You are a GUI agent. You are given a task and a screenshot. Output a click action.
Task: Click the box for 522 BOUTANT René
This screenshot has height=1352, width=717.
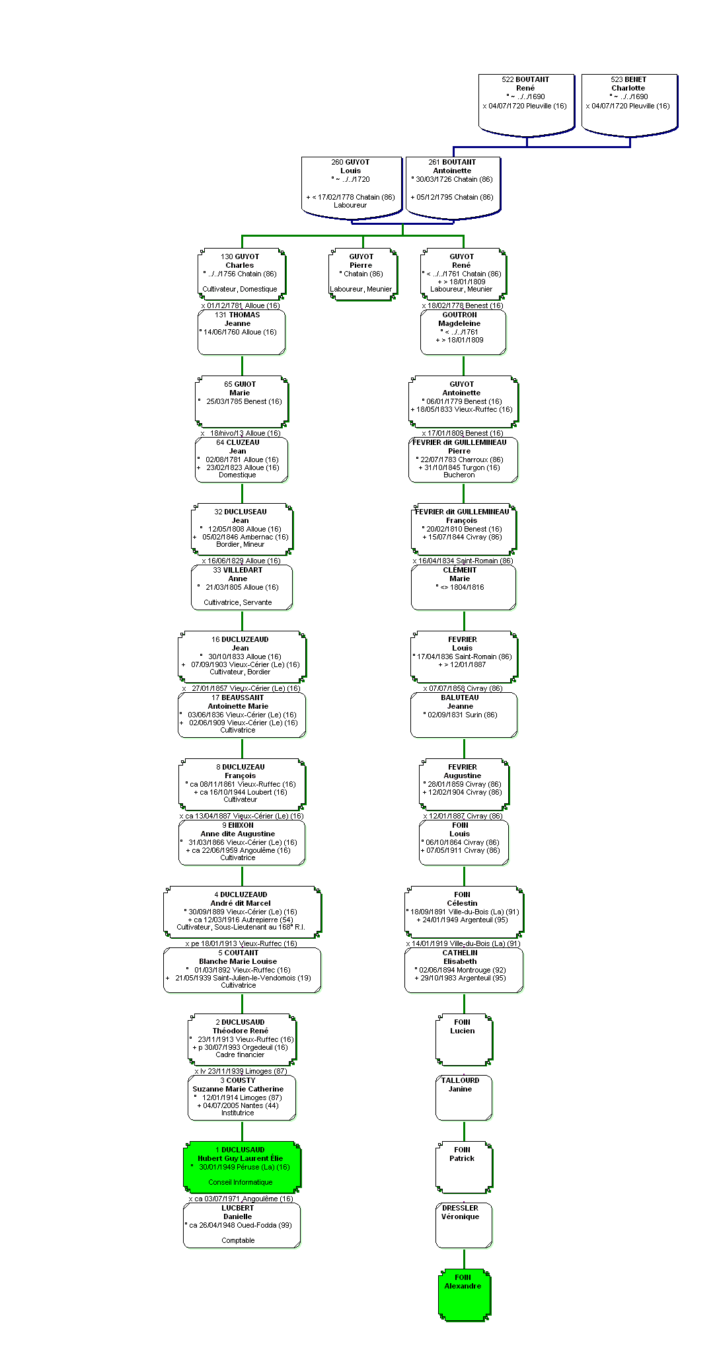pyautogui.click(x=526, y=104)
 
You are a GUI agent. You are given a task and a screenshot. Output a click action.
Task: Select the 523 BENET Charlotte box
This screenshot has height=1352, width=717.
pyautogui.click(x=629, y=104)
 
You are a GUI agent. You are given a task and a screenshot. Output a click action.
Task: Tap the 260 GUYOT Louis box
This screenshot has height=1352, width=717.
pyautogui.click(x=352, y=187)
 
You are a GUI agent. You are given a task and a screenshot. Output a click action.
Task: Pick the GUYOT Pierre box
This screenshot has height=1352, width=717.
pyautogui.click(x=363, y=274)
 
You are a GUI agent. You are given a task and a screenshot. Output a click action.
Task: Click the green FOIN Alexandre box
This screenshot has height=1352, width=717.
pyautogui.click(x=465, y=1294)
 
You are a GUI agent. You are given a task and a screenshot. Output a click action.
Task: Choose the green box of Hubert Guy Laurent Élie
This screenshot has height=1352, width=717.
pyautogui.click(x=242, y=1167)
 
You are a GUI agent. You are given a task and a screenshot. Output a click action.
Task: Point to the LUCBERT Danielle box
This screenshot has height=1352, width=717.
pyautogui.click(x=242, y=1225)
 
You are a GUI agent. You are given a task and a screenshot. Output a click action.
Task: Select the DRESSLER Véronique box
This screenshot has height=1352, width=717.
pyautogui.click(x=464, y=1225)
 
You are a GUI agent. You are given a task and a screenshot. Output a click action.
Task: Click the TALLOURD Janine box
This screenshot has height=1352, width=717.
pyautogui.click(x=464, y=1097)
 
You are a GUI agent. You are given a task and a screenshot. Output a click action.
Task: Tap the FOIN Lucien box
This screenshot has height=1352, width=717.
pyautogui.click(x=464, y=1040)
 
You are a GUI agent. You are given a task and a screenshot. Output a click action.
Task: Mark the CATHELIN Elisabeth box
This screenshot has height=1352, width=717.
pyautogui.click(x=464, y=970)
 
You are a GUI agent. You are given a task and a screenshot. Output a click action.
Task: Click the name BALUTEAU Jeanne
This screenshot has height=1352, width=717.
pyautogui.click(x=460, y=701)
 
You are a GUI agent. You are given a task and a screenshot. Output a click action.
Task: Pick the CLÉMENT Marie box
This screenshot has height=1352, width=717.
pyautogui.click(x=463, y=587)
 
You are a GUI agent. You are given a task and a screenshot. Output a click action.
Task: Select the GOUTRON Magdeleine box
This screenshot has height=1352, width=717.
pyautogui.click(x=463, y=332)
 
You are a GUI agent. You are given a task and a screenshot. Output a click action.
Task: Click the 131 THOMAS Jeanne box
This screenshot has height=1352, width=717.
pyautogui.click(x=241, y=332)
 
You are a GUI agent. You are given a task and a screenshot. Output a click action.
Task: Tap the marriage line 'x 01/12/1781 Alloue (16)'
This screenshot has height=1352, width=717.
pyautogui.click(x=241, y=305)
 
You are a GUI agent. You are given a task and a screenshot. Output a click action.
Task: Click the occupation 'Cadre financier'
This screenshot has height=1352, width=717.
pyautogui.click(x=240, y=1054)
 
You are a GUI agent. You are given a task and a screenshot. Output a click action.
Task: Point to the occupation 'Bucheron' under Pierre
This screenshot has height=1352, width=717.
pyautogui.click(x=459, y=475)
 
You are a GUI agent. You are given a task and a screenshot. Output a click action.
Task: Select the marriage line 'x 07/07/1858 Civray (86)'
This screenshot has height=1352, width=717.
pyautogui.click(x=463, y=688)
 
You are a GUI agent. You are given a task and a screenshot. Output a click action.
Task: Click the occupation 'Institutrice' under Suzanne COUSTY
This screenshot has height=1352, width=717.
pyautogui.click(x=238, y=1113)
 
